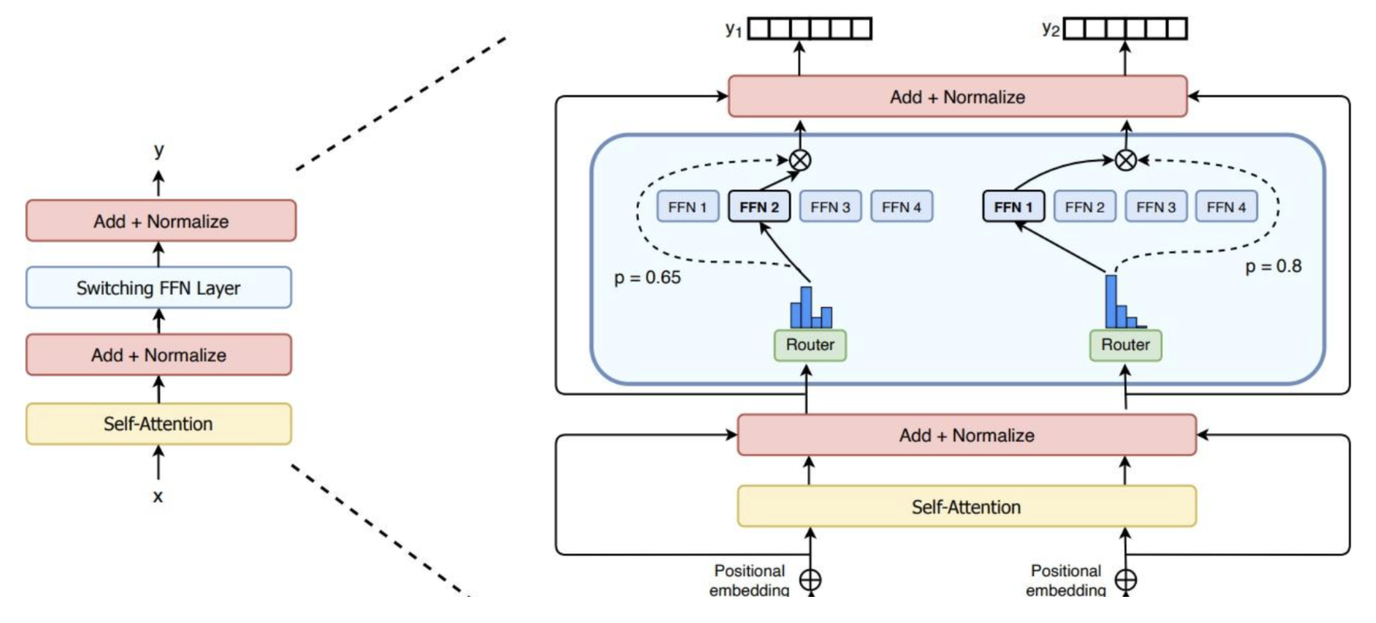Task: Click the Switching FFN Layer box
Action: (158, 287)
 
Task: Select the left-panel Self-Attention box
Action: (158, 424)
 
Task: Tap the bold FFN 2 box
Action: (759, 207)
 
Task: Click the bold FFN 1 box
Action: (1013, 207)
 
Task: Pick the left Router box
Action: (810, 345)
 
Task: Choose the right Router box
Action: (1125, 345)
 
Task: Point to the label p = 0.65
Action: (647, 277)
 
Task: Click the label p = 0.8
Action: (1273, 266)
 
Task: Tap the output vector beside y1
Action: (810, 28)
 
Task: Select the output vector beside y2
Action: (1125, 28)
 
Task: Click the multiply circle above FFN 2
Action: (800, 161)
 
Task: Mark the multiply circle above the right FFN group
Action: (1126, 161)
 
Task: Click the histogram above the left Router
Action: (811, 308)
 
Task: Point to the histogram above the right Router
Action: (1125, 302)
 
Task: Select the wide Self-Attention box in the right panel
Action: (967, 507)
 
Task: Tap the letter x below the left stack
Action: (158, 496)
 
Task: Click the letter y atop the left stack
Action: (159, 150)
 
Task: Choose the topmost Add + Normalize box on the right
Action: (957, 97)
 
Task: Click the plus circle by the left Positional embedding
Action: (810, 580)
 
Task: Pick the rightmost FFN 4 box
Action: (1226, 207)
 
